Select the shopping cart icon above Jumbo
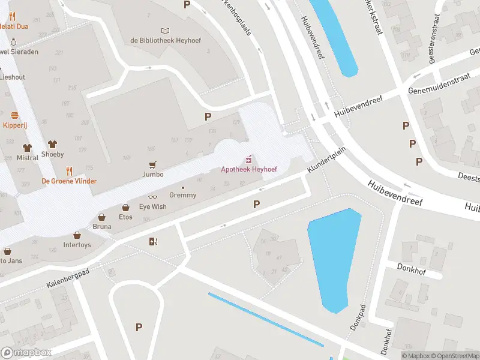[153, 164]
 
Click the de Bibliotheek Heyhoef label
[165, 40]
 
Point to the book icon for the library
[166, 30]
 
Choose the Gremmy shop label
[182, 195]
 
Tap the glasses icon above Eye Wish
[153, 197]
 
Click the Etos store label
[125, 217]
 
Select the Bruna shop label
[101, 227]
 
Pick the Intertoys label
[77, 245]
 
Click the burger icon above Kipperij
[14, 115]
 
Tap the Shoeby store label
[52, 154]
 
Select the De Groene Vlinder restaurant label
[68, 181]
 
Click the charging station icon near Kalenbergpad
[153, 242]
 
